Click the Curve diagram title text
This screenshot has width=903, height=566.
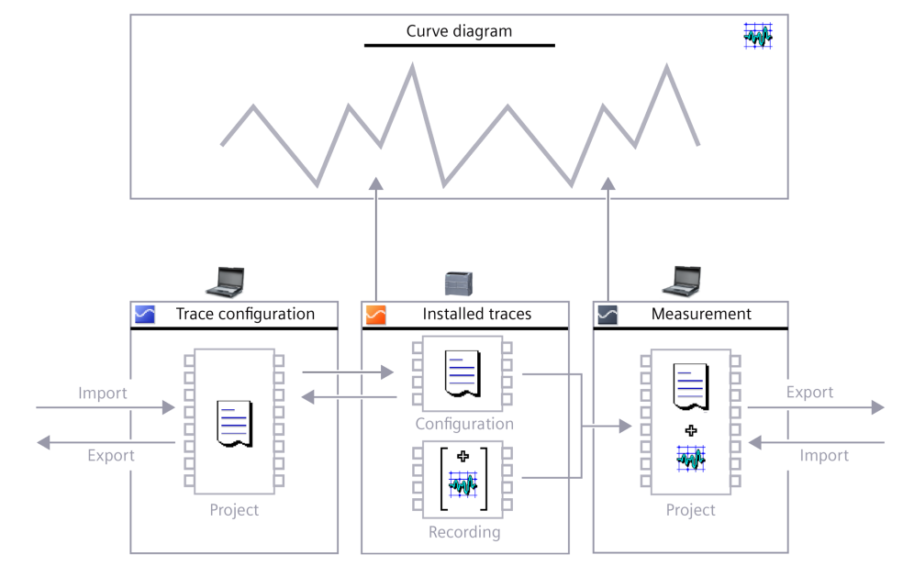click(x=459, y=32)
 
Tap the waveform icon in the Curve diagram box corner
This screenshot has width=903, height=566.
click(x=758, y=36)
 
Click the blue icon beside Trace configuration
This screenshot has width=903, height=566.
click(x=145, y=315)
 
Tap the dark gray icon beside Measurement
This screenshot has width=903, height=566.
click(x=608, y=315)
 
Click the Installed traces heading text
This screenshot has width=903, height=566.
click(x=476, y=315)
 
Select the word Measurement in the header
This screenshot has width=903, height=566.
click(x=701, y=315)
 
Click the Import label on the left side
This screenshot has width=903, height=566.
click(x=104, y=394)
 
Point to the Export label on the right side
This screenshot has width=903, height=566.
click(x=809, y=393)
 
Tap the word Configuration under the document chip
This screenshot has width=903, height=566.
click(x=463, y=424)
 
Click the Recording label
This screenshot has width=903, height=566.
click(x=463, y=531)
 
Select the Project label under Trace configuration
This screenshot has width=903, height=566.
click(x=233, y=510)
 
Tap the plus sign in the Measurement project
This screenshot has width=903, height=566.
click(x=692, y=430)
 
